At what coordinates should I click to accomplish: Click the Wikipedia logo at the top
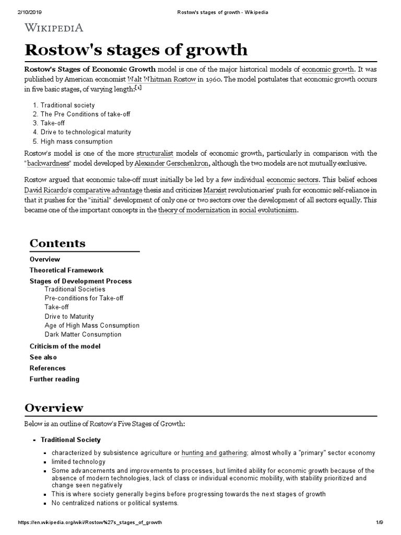coord(53,27)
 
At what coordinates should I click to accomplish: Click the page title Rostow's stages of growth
coord(136,50)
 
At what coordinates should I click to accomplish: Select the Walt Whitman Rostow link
coord(162,79)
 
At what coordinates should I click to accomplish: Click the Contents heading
coord(57,243)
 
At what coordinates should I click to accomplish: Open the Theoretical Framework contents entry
coord(66,270)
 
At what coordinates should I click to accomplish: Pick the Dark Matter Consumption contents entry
coord(82,334)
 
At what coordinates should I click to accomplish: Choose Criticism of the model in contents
coord(65,346)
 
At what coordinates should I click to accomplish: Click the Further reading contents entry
coord(54,379)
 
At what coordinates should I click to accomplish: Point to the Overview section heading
coord(54,408)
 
